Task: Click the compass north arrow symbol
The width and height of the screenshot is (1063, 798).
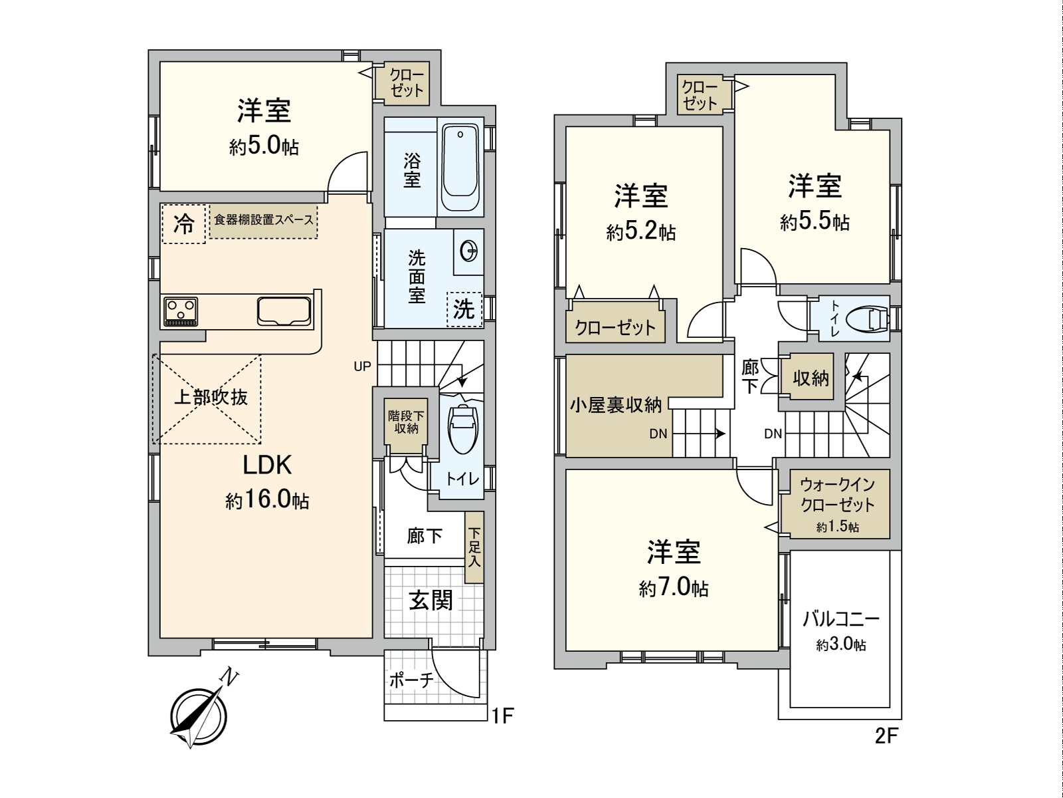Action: coord(197,714)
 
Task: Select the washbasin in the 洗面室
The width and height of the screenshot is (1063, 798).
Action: coord(469,251)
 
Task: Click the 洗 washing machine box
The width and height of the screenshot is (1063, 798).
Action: coord(464,309)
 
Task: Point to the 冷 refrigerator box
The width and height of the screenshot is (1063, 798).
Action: coord(183,224)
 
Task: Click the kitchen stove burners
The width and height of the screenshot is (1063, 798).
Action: coord(181,311)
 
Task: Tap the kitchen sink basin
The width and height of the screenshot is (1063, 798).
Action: coord(284,311)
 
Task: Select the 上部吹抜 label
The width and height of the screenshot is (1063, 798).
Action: coord(211,397)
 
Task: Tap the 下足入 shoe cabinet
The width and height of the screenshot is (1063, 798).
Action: coord(474,547)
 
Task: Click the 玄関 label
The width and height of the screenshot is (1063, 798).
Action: coord(431,600)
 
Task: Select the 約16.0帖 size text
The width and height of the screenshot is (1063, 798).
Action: coord(267,500)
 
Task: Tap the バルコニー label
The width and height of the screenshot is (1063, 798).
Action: coord(840,620)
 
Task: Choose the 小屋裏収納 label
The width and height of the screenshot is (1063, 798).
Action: coord(615,404)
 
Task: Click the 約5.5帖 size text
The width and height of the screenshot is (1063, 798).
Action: coord(815,221)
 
